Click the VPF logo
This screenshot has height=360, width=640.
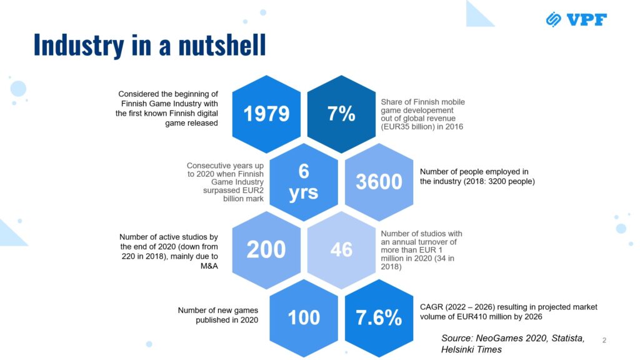[576, 19]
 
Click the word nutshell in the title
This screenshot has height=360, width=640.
[222, 45]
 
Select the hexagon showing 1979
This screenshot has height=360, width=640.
[266, 114]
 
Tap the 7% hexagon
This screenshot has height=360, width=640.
[341, 114]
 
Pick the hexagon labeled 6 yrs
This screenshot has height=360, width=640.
[304, 182]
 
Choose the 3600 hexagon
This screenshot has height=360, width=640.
[379, 182]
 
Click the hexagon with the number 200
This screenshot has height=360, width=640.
[266, 250]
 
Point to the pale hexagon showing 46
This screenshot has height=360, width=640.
[341, 250]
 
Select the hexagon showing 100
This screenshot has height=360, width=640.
[304, 318]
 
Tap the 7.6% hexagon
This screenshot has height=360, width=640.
[379, 318]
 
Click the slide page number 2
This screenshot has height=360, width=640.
[604, 340]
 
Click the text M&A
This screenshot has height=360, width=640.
[209, 266]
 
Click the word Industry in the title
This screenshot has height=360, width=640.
[79, 45]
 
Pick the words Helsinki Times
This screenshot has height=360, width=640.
[471, 349]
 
